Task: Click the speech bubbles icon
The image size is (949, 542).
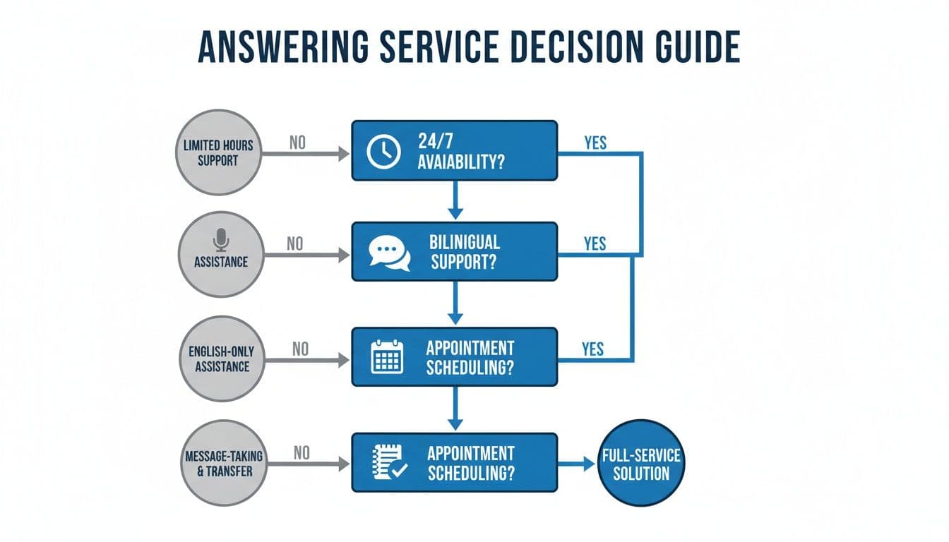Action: click(x=389, y=253)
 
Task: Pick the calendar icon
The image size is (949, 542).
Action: click(x=387, y=357)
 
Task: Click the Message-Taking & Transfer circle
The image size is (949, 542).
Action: click(x=225, y=463)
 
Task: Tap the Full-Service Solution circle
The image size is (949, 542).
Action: click(x=640, y=464)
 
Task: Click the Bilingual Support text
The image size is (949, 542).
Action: click(x=464, y=251)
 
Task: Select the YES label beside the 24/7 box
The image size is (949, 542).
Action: click(x=595, y=142)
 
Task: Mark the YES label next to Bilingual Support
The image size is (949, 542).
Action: click(x=595, y=243)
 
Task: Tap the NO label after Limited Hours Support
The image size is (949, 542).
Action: click(x=298, y=143)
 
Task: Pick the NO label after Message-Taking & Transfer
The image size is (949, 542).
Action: click(x=302, y=453)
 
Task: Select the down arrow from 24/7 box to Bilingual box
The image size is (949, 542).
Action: click(x=455, y=200)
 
